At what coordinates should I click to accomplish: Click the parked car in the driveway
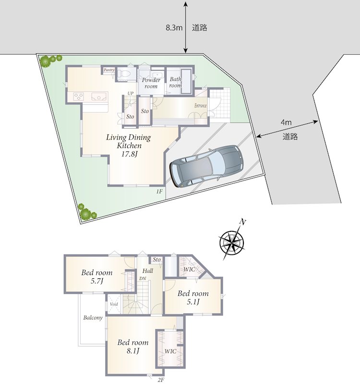(207, 166)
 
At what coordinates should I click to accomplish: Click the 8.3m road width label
(174, 28)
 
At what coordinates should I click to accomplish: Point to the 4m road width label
(286, 122)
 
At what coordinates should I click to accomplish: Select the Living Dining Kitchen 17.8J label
(129, 145)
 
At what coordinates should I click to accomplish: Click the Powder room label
(151, 83)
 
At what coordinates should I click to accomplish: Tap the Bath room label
(176, 82)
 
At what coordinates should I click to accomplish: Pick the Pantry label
(109, 70)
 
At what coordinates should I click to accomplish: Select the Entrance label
(201, 106)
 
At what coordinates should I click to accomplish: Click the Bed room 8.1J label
(133, 346)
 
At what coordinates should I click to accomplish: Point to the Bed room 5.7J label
(97, 276)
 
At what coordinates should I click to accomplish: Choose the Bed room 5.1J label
(193, 297)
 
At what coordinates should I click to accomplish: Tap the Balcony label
(93, 318)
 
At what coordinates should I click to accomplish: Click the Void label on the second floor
(114, 304)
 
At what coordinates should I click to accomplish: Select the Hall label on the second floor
(148, 271)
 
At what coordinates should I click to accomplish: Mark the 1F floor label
(159, 192)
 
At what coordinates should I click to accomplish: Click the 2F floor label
(161, 380)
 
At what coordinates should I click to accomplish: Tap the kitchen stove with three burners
(79, 96)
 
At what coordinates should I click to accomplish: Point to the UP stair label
(130, 93)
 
